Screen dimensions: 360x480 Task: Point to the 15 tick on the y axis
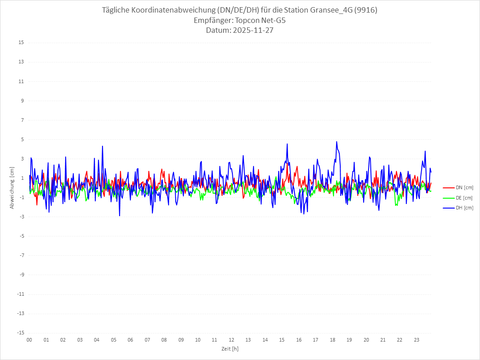coord(21,43)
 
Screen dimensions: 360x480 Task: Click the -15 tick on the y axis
coord(20,333)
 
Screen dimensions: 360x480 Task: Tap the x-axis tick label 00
coord(29,340)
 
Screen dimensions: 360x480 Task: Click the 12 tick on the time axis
coord(231,340)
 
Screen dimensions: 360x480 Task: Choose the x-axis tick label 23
coord(417,340)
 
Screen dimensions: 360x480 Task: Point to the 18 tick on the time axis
coord(333,340)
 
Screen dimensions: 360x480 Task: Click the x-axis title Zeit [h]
coord(230,349)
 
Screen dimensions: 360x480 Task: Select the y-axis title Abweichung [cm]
coord(12,187)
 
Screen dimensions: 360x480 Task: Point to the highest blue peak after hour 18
coord(336,142)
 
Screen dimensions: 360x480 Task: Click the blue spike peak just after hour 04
coord(102,146)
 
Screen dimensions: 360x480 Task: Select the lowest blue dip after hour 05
coord(120,216)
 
